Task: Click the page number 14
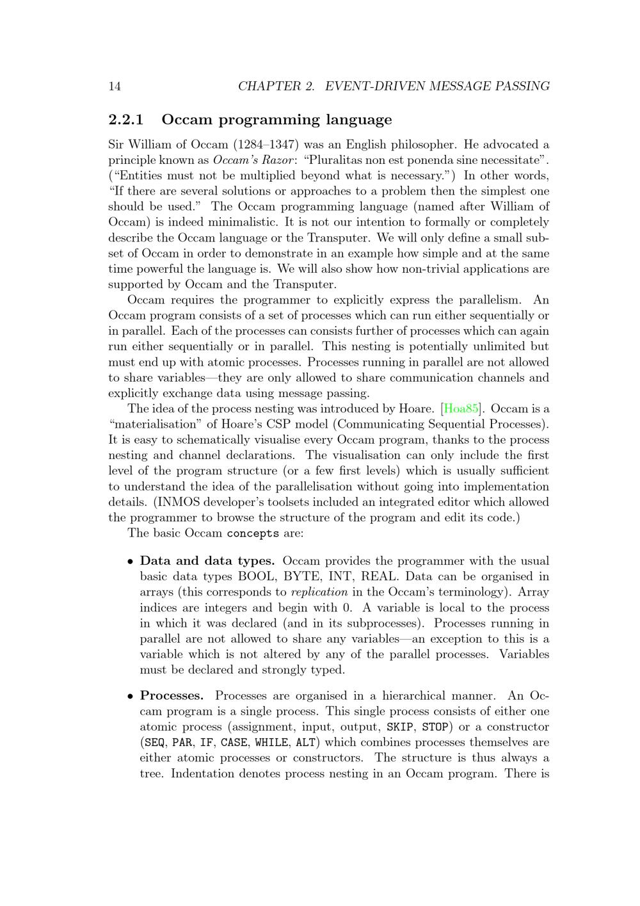115,86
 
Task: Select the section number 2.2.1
126,120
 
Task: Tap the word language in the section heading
359,120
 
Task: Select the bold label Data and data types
207,562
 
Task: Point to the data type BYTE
300,577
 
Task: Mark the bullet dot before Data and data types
131,562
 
